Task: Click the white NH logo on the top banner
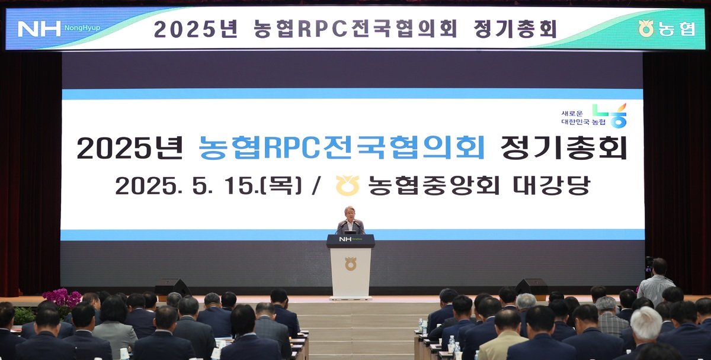tap(39, 29)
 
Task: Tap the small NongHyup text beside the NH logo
tap(82, 28)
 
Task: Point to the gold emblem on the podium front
tap(350, 264)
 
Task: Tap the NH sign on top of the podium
tap(345, 239)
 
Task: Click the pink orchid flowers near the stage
tap(62, 297)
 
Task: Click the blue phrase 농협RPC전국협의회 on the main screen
tap(341, 147)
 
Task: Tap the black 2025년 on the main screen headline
tap(130, 147)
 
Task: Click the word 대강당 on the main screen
tap(552, 185)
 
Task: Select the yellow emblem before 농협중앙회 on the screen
tap(348, 185)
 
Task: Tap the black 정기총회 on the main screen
tap(563, 147)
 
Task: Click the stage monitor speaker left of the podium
tap(172, 287)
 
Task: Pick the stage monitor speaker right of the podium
tap(531, 287)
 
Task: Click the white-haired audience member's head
tap(645, 323)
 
